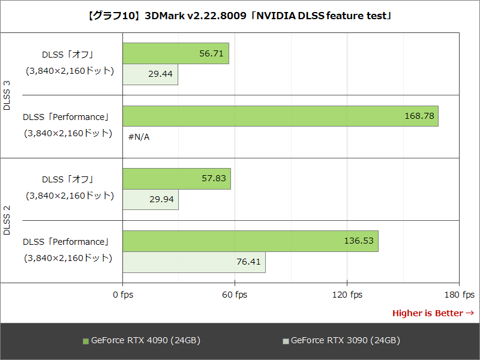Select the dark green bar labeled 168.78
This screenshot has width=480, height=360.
click(280, 116)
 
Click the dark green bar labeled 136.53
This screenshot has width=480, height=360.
click(250, 241)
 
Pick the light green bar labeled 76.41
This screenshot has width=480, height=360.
click(194, 262)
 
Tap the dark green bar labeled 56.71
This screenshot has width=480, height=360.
click(175, 53)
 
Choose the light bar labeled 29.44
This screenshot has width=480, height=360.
click(150, 74)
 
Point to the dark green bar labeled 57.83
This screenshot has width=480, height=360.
click(176, 179)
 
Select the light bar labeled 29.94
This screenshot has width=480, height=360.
click(151, 200)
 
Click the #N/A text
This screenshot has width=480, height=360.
click(139, 137)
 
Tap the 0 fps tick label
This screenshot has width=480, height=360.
click(123, 295)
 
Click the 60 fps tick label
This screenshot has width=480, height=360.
click(235, 295)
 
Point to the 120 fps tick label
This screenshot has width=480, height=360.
click(347, 295)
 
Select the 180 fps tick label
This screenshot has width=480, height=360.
click(460, 295)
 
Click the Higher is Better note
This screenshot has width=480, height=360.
click(433, 313)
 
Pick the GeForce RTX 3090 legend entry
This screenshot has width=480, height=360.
click(341, 341)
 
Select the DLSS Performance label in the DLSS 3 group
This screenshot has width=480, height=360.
click(66, 117)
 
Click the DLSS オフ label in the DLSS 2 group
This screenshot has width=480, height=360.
click(68, 179)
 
